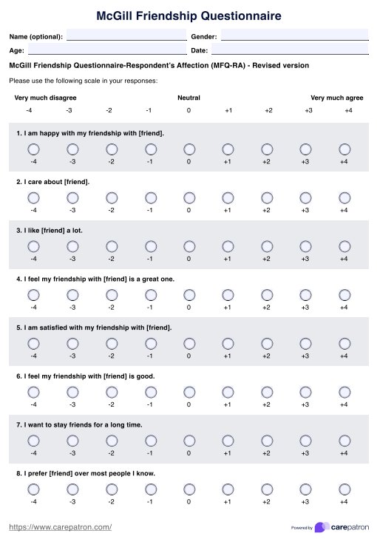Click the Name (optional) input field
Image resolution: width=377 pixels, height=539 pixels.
(126, 35)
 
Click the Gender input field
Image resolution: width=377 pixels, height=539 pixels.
(294, 35)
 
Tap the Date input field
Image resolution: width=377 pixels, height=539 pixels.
(289, 50)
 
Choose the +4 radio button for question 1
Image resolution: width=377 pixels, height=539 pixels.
(344, 149)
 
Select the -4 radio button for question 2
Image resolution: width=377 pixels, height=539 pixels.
(33, 197)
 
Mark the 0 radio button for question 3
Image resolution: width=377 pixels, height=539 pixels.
(189, 246)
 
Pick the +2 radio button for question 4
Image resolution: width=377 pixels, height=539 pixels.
(267, 295)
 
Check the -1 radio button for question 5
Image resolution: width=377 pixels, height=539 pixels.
(150, 343)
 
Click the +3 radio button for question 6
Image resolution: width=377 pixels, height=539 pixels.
(305, 392)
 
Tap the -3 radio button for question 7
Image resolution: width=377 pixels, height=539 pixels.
(72, 441)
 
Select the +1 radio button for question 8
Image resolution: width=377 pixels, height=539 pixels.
(228, 489)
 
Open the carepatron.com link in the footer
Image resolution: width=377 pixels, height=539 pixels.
(60, 526)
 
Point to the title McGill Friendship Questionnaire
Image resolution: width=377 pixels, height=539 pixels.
(188, 15)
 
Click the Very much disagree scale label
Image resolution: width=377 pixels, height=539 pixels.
(45, 98)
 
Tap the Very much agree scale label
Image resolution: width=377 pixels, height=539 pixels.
(336, 98)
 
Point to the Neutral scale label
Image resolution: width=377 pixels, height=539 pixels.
(188, 98)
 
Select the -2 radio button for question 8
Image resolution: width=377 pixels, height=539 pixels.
(112, 489)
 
